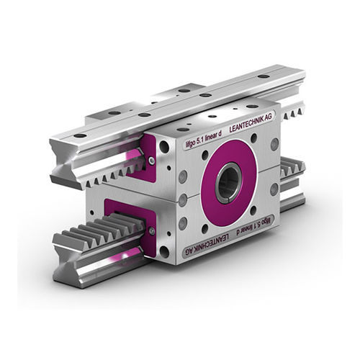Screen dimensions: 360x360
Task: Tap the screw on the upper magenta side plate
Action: pyautogui.click(x=151, y=160)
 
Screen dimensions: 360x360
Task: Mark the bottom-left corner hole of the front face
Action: pyautogui.click(x=165, y=251)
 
